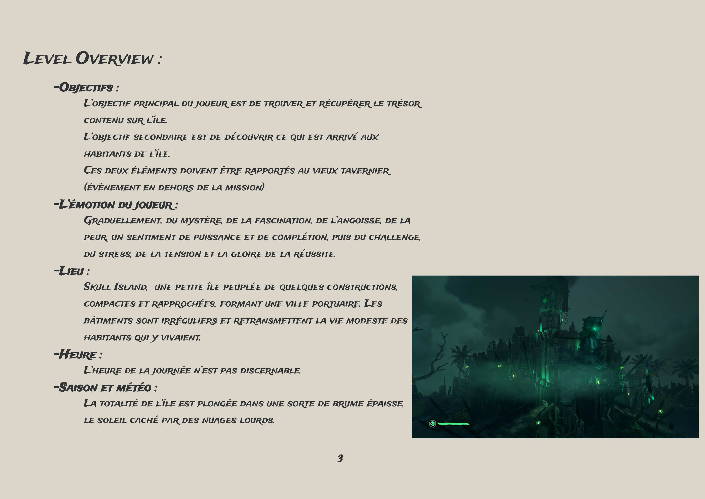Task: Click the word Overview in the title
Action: (x=114, y=58)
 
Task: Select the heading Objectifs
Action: (x=86, y=87)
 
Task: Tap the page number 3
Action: (x=340, y=458)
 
